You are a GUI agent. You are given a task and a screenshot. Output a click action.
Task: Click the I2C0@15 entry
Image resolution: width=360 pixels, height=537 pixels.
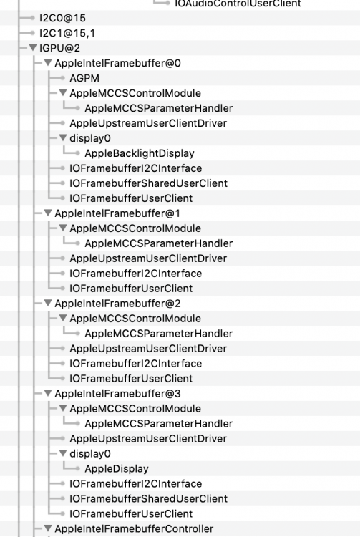point(62,18)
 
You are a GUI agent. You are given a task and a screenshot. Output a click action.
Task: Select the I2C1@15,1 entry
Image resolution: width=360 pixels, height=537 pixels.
point(67,33)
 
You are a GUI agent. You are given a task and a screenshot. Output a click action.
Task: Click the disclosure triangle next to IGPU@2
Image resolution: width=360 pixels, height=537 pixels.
point(33,47)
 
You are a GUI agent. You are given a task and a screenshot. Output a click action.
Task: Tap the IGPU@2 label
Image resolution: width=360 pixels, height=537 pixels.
point(59,48)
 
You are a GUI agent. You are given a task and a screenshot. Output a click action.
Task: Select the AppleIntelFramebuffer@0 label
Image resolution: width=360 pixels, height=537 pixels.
point(117,63)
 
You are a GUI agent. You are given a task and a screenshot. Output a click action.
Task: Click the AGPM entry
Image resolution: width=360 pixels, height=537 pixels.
point(84,79)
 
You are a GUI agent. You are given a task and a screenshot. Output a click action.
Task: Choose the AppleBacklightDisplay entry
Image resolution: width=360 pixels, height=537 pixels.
point(140,153)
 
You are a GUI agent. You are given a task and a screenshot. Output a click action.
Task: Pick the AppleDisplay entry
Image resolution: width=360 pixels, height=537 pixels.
point(117,469)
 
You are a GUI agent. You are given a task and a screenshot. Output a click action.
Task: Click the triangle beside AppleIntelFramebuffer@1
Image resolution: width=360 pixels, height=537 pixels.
point(48,213)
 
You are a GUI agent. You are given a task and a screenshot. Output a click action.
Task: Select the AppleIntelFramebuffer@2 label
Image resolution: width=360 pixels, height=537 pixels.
point(117,304)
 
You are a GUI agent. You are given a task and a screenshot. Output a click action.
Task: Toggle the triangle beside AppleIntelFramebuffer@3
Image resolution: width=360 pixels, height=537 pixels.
point(48,393)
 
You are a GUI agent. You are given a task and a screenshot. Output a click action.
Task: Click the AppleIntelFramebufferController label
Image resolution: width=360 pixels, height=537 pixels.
point(134,529)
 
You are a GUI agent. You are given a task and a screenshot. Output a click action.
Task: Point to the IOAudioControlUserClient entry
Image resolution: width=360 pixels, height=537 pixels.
point(238,4)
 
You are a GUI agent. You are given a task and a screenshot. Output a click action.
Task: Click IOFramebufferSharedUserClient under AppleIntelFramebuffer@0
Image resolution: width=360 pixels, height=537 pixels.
point(149,183)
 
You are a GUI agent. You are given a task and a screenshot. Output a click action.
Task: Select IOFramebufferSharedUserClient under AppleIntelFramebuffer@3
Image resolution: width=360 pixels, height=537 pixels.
point(149,499)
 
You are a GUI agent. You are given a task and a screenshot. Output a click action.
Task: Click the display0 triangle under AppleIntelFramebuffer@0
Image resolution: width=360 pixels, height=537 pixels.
point(63,137)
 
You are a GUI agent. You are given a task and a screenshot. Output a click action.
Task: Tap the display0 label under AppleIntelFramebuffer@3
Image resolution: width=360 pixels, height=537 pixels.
point(90,454)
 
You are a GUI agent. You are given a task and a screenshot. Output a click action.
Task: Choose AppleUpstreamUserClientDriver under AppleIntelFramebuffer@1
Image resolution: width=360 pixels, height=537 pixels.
point(148,258)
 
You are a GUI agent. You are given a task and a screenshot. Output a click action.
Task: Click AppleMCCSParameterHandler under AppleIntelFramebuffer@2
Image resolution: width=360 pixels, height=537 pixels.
point(159,334)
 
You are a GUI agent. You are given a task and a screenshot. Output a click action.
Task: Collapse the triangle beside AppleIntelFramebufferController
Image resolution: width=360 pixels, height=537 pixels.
point(48,528)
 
